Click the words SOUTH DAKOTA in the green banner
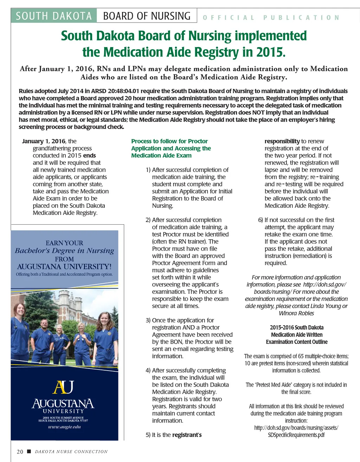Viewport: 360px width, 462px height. coord(54,16)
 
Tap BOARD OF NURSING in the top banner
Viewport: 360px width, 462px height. coord(147,16)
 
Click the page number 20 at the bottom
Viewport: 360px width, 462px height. coord(20,451)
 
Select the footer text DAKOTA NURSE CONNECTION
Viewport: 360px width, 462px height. coord(71,451)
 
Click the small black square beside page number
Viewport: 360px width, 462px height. coord(29,451)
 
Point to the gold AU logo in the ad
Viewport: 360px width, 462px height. coord(64,387)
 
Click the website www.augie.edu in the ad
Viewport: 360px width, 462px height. coord(64,427)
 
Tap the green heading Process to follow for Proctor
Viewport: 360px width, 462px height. coord(169,141)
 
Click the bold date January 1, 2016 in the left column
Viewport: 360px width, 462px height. coord(44,141)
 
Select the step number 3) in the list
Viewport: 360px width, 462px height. coord(148,320)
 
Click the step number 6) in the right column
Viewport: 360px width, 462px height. coord(261,220)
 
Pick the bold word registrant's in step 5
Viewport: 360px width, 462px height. coord(187,435)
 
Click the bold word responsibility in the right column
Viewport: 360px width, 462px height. coord(282,141)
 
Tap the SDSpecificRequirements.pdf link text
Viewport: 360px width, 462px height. coord(296,435)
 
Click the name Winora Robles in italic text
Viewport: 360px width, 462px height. coord(296,313)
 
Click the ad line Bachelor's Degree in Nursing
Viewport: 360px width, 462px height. coord(64,251)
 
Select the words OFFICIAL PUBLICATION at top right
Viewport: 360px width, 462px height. coord(271,18)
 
